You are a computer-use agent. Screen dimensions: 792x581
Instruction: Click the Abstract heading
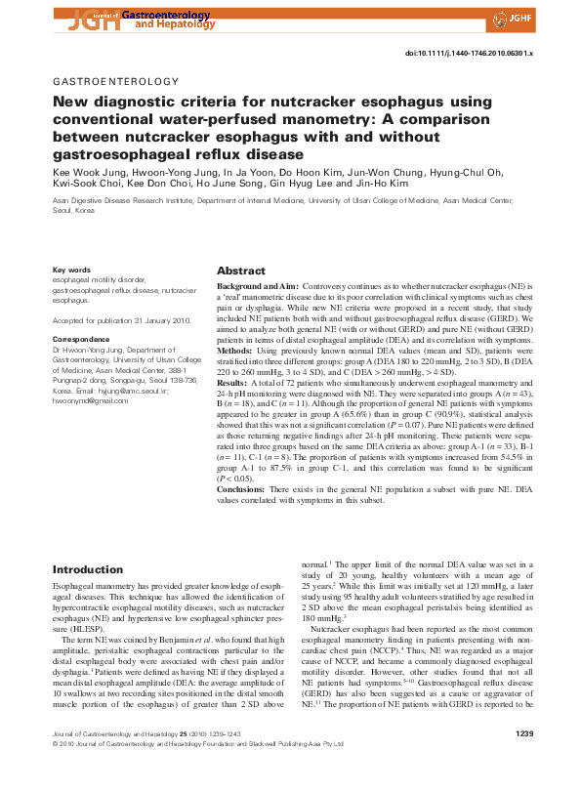point(240,271)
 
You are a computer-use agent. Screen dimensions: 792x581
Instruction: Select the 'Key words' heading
point(71,269)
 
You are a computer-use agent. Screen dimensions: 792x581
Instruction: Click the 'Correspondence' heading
point(81,339)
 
